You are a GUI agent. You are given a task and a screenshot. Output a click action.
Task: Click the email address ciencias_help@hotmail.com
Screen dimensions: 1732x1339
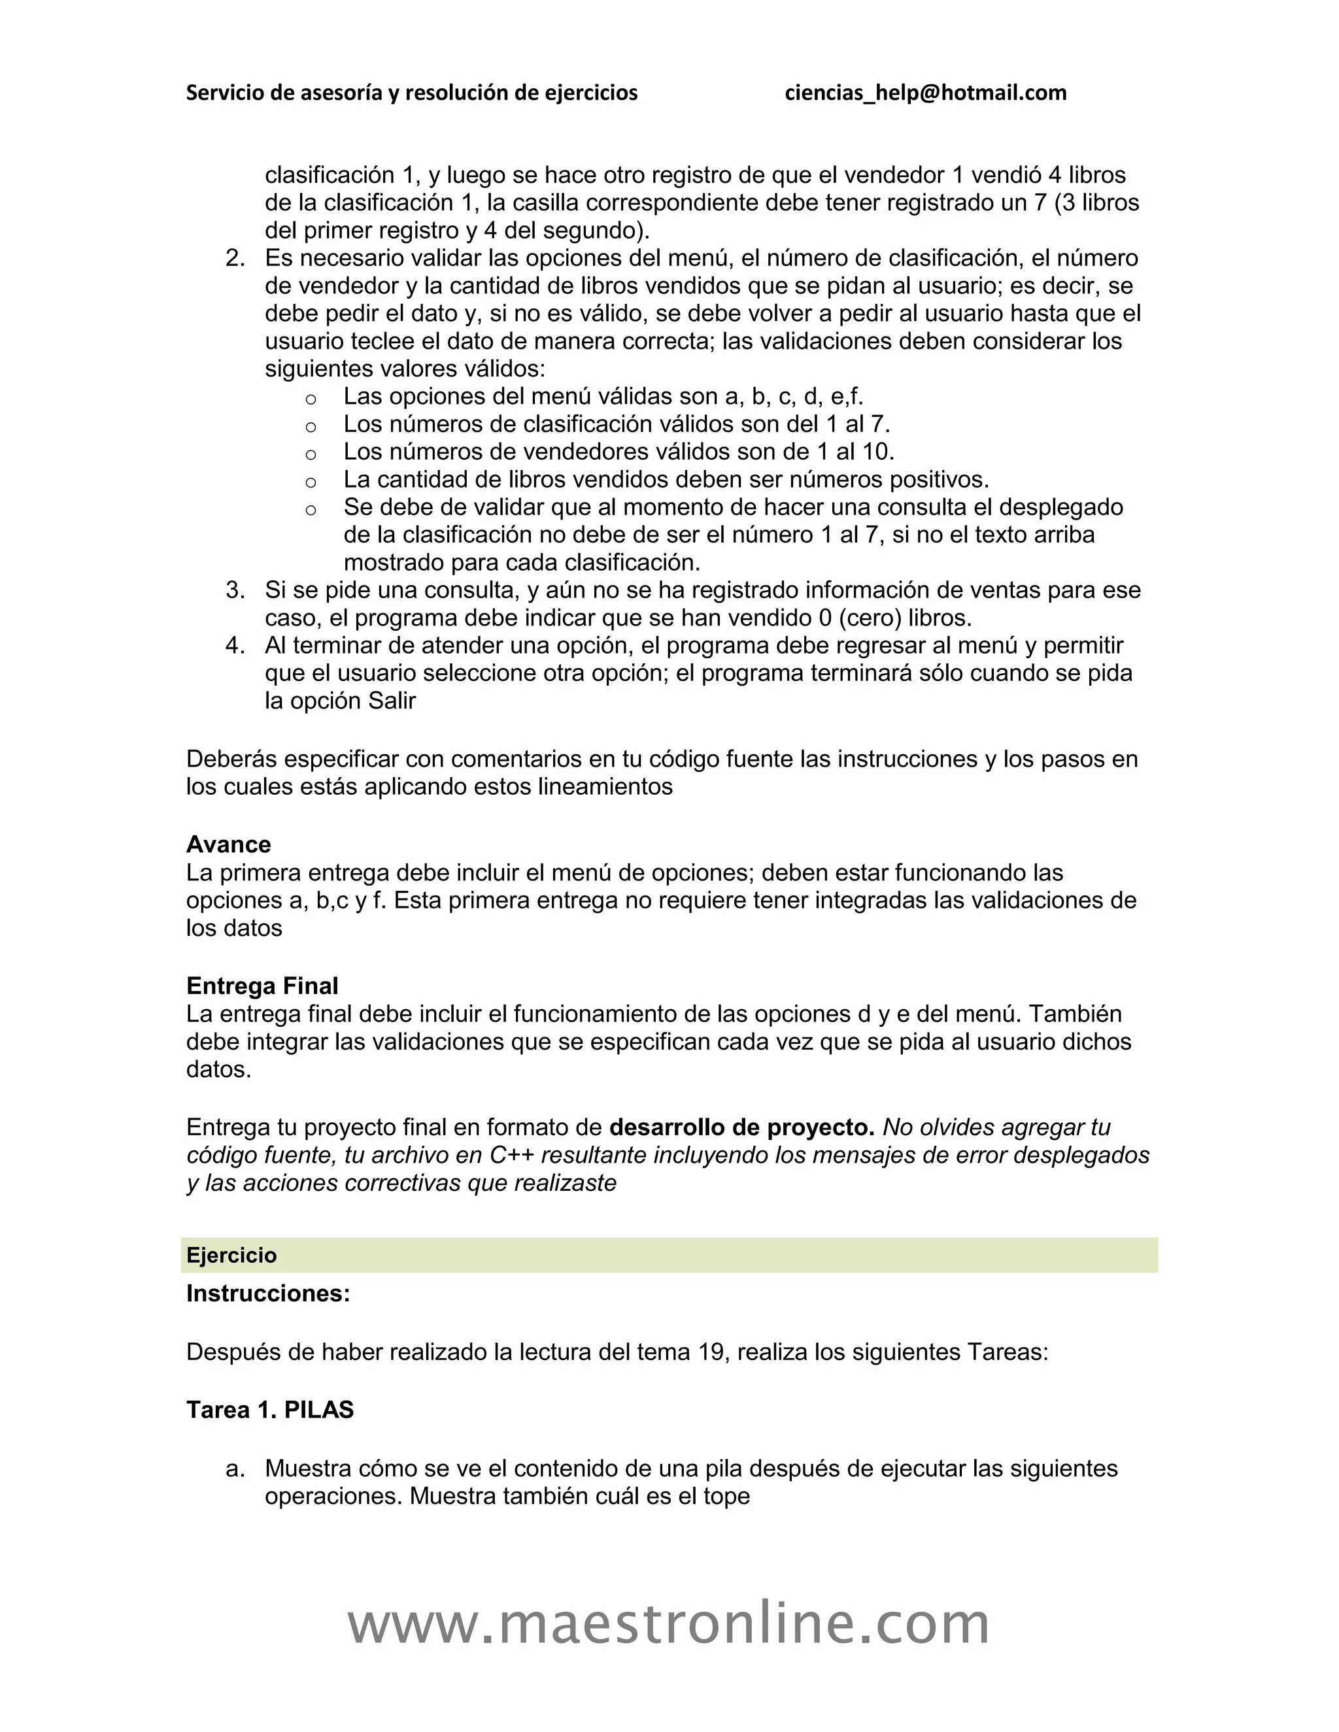coord(925,93)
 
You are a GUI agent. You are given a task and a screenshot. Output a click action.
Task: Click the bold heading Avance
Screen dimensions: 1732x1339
coord(228,844)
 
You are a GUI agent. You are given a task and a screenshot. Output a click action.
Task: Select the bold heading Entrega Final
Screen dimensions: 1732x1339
coord(262,986)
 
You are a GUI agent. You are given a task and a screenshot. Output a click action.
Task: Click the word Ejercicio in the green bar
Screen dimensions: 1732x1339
coord(231,1256)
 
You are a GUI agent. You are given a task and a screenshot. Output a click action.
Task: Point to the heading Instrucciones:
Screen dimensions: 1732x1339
coord(267,1293)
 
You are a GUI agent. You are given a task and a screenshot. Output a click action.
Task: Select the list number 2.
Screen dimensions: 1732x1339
coord(235,259)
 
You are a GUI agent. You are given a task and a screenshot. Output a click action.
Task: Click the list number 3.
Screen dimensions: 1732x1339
coord(235,590)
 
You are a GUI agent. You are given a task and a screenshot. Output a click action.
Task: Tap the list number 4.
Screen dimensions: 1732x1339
coord(235,646)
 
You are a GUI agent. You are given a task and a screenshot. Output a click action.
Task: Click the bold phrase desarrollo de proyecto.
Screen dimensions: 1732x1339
coord(741,1127)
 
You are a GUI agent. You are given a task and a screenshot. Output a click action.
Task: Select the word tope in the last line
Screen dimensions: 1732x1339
coord(726,1497)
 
